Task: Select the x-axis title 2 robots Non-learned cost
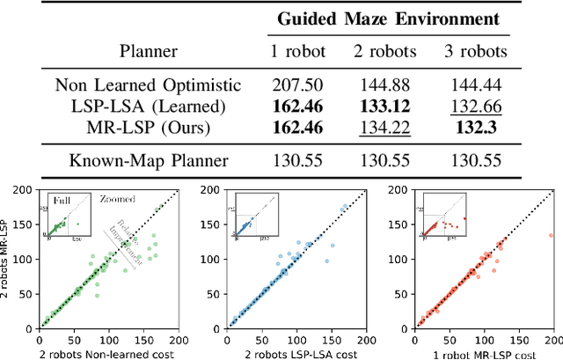click(107, 353)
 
